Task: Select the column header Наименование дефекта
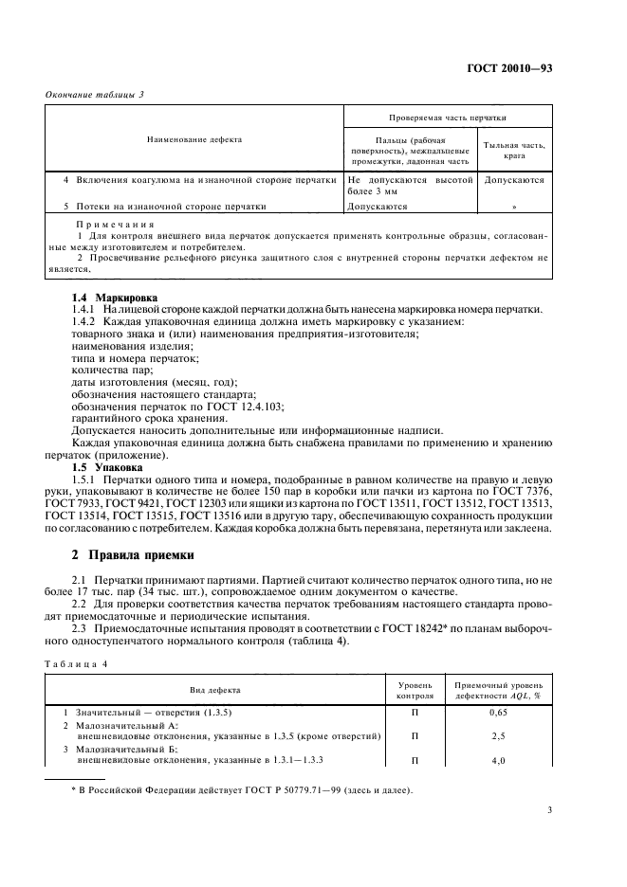194,139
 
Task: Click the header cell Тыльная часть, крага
515,150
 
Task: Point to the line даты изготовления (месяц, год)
155,381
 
